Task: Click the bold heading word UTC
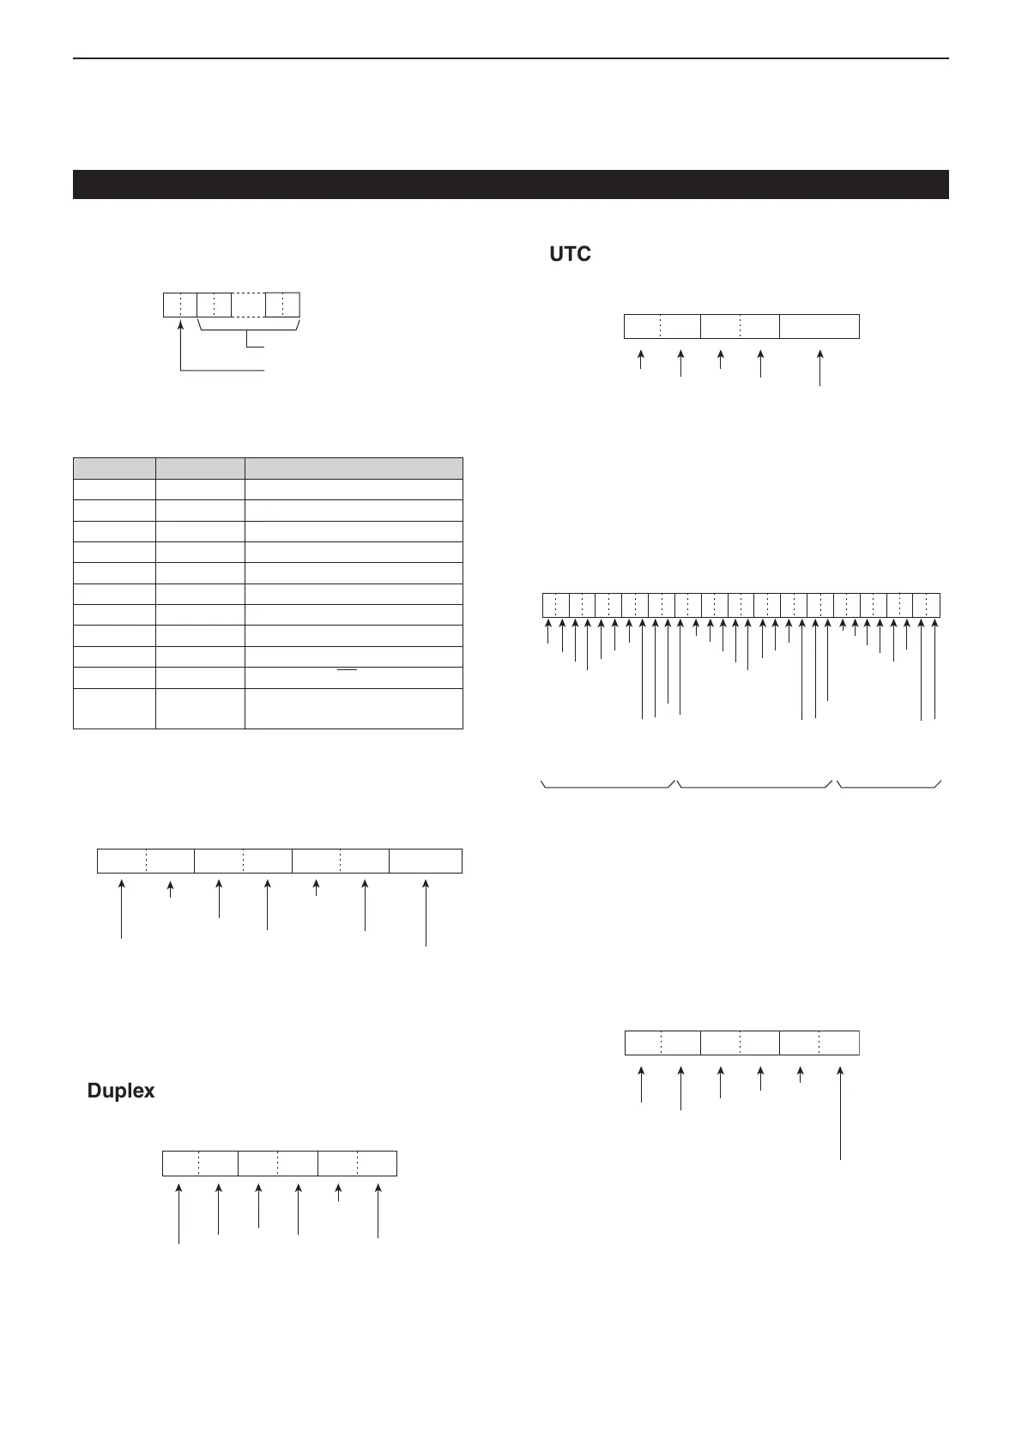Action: [570, 255]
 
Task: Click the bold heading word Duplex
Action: [121, 1091]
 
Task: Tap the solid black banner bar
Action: [511, 184]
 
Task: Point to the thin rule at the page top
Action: [511, 58]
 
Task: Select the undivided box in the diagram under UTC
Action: [819, 327]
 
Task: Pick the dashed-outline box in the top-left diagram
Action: [248, 305]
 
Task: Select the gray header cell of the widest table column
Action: [354, 469]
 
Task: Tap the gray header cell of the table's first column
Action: [114, 469]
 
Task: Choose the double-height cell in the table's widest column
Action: [354, 708]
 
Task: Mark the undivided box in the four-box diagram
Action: [426, 861]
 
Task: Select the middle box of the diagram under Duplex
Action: [278, 1164]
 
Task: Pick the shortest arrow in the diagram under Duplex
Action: [338, 1194]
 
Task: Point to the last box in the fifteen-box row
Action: [927, 605]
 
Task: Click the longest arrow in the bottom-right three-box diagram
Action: [841, 1114]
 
